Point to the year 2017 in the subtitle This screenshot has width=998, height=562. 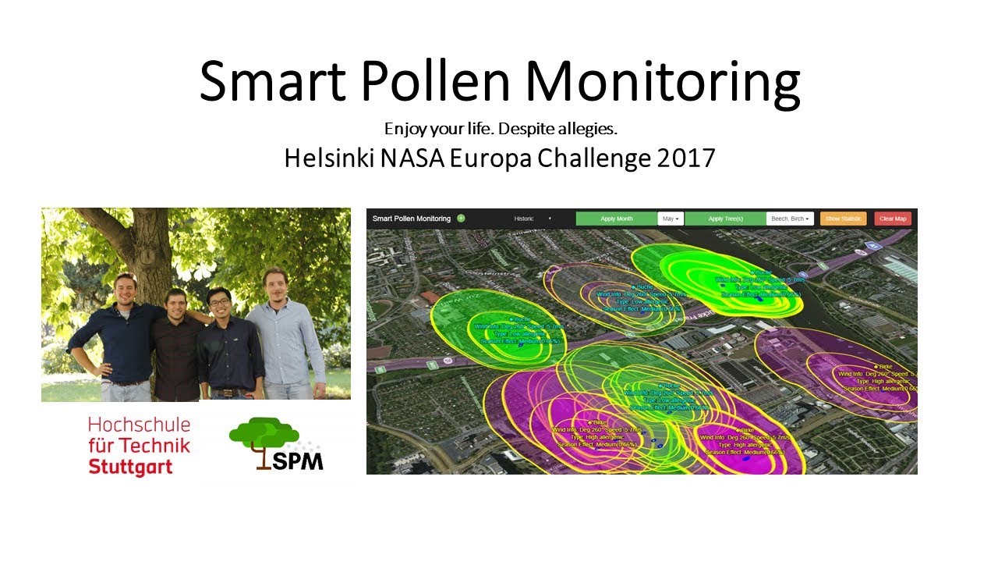[x=683, y=158]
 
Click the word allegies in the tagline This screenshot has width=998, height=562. [x=591, y=127]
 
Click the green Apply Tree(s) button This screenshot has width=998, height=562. [x=725, y=219]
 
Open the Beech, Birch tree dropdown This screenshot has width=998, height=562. [x=790, y=219]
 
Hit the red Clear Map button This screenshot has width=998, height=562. [x=893, y=219]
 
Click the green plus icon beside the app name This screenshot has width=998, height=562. [x=461, y=219]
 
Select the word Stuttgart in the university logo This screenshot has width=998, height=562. [x=130, y=468]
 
